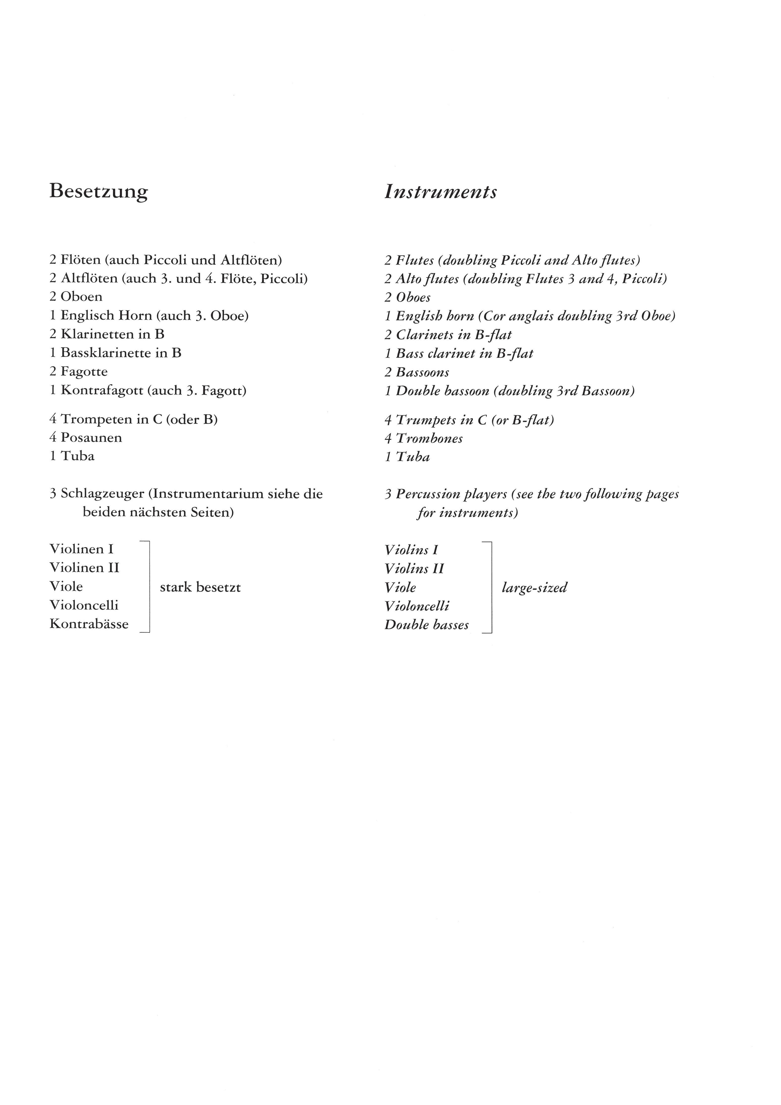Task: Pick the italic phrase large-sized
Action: pos(534,588)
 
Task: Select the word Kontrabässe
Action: pos(89,624)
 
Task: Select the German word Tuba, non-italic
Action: pos(77,456)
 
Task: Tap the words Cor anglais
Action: pos(519,316)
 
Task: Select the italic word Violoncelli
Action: pos(417,606)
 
